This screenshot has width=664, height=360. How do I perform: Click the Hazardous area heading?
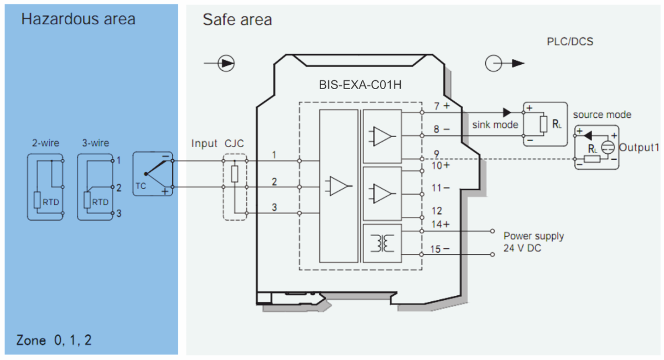[78, 19]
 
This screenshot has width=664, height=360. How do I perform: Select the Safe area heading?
[237, 20]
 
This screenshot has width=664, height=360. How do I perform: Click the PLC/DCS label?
[569, 41]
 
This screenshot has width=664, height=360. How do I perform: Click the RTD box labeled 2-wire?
[46, 187]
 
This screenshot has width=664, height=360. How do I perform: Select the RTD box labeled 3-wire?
[96, 187]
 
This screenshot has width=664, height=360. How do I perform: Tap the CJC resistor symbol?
[235, 174]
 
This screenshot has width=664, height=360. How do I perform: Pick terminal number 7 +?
[441, 105]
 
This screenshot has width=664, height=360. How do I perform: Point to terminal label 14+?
[440, 224]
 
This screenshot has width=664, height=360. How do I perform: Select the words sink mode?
[495, 124]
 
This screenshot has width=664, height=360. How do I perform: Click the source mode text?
[602, 115]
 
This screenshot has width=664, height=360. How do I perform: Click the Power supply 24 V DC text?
[533, 242]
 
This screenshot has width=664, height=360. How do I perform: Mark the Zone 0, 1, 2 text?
[54, 340]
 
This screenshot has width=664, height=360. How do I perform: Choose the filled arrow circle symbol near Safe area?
[226, 63]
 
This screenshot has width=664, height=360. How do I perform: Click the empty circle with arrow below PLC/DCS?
[494, 63]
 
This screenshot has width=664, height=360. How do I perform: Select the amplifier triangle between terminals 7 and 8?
[382, 135]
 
